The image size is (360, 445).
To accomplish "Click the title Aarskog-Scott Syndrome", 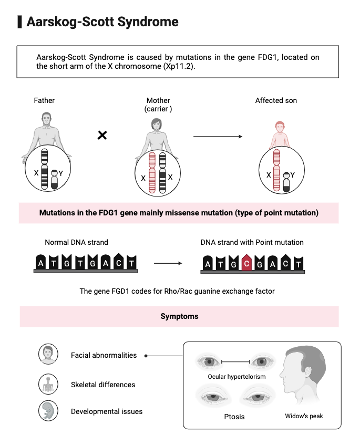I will click(x=102, y=22).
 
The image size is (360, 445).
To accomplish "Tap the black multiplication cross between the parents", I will click(x=102, y=136).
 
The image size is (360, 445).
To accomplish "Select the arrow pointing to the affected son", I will click(x=218, y=137).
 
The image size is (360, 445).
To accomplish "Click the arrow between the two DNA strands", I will click(x=168, y=262).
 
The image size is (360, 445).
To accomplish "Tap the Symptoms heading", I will click(x=179, y=316).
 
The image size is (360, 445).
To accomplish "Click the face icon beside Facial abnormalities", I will click(x=47, y=355).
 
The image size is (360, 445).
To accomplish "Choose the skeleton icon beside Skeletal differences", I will click(x=47, y=384).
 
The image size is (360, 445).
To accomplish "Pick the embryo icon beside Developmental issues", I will click(x=47, y=411).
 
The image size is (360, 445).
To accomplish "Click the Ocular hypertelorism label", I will click(x=236, y=377).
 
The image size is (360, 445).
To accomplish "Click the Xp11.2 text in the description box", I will click(x=179, y=67).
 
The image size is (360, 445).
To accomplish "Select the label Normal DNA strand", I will click(x=76, y=242).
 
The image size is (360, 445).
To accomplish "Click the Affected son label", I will click(x=276, y=100).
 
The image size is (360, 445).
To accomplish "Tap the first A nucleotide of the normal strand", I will click(x=40, y=263).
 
